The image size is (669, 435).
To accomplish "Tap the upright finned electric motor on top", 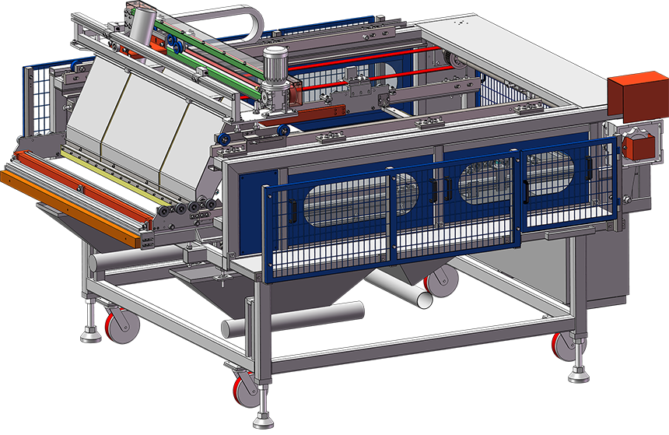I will (275, 65).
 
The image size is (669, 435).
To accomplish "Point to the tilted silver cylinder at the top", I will (141, 29).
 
